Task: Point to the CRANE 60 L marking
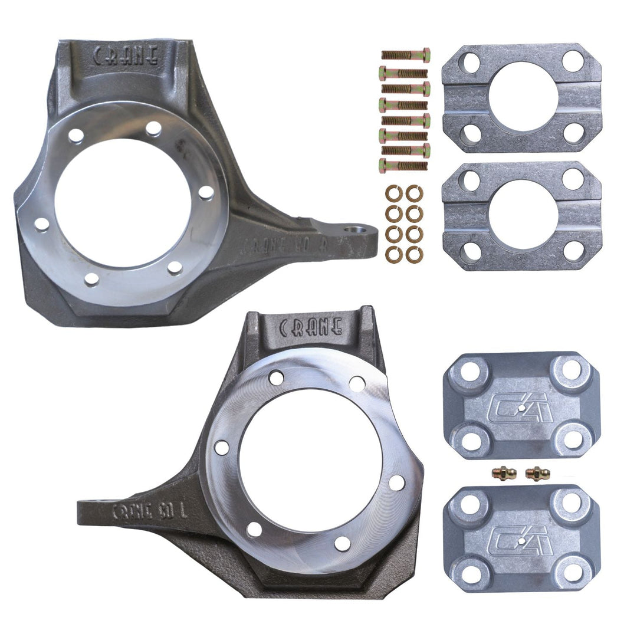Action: click(149, 510)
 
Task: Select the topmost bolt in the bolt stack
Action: click(405, 55)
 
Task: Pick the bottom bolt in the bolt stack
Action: click(403, 166)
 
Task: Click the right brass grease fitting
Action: click(537, 473)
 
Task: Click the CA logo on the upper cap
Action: click(521, 407)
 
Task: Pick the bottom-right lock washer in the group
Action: click(414, 254)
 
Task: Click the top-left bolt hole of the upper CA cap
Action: click(470, 372)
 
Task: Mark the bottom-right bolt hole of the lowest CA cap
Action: click(572, 571)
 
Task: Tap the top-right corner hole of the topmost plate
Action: click(572, 61)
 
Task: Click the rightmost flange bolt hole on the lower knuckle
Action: click(397, 482)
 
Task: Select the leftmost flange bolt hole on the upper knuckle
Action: click(41, 224)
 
